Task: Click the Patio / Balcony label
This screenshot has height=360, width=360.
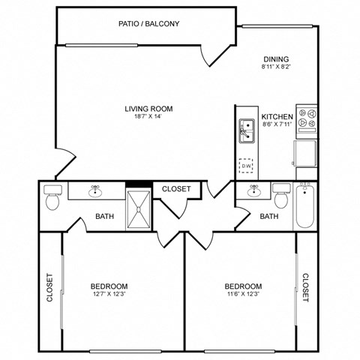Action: (148, 23)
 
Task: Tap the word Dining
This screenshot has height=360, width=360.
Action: (275, 59)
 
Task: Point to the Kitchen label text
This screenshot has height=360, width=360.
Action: (276, 116)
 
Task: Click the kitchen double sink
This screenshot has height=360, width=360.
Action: (245, 131)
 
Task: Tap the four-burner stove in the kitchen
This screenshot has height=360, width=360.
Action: (307, 118)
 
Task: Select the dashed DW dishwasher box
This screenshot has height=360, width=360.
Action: (246, 166)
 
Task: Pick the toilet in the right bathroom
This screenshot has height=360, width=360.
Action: (281, 197)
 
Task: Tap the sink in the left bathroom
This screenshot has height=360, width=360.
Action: (95, 192)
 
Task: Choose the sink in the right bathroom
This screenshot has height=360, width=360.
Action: (253, 191)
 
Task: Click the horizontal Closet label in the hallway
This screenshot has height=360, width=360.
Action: (176, 189)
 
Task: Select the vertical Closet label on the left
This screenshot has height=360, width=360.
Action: (50, 287)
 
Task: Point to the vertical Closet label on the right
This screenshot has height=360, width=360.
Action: (306, 287)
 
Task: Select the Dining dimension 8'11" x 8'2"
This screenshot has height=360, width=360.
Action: (275, 67)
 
